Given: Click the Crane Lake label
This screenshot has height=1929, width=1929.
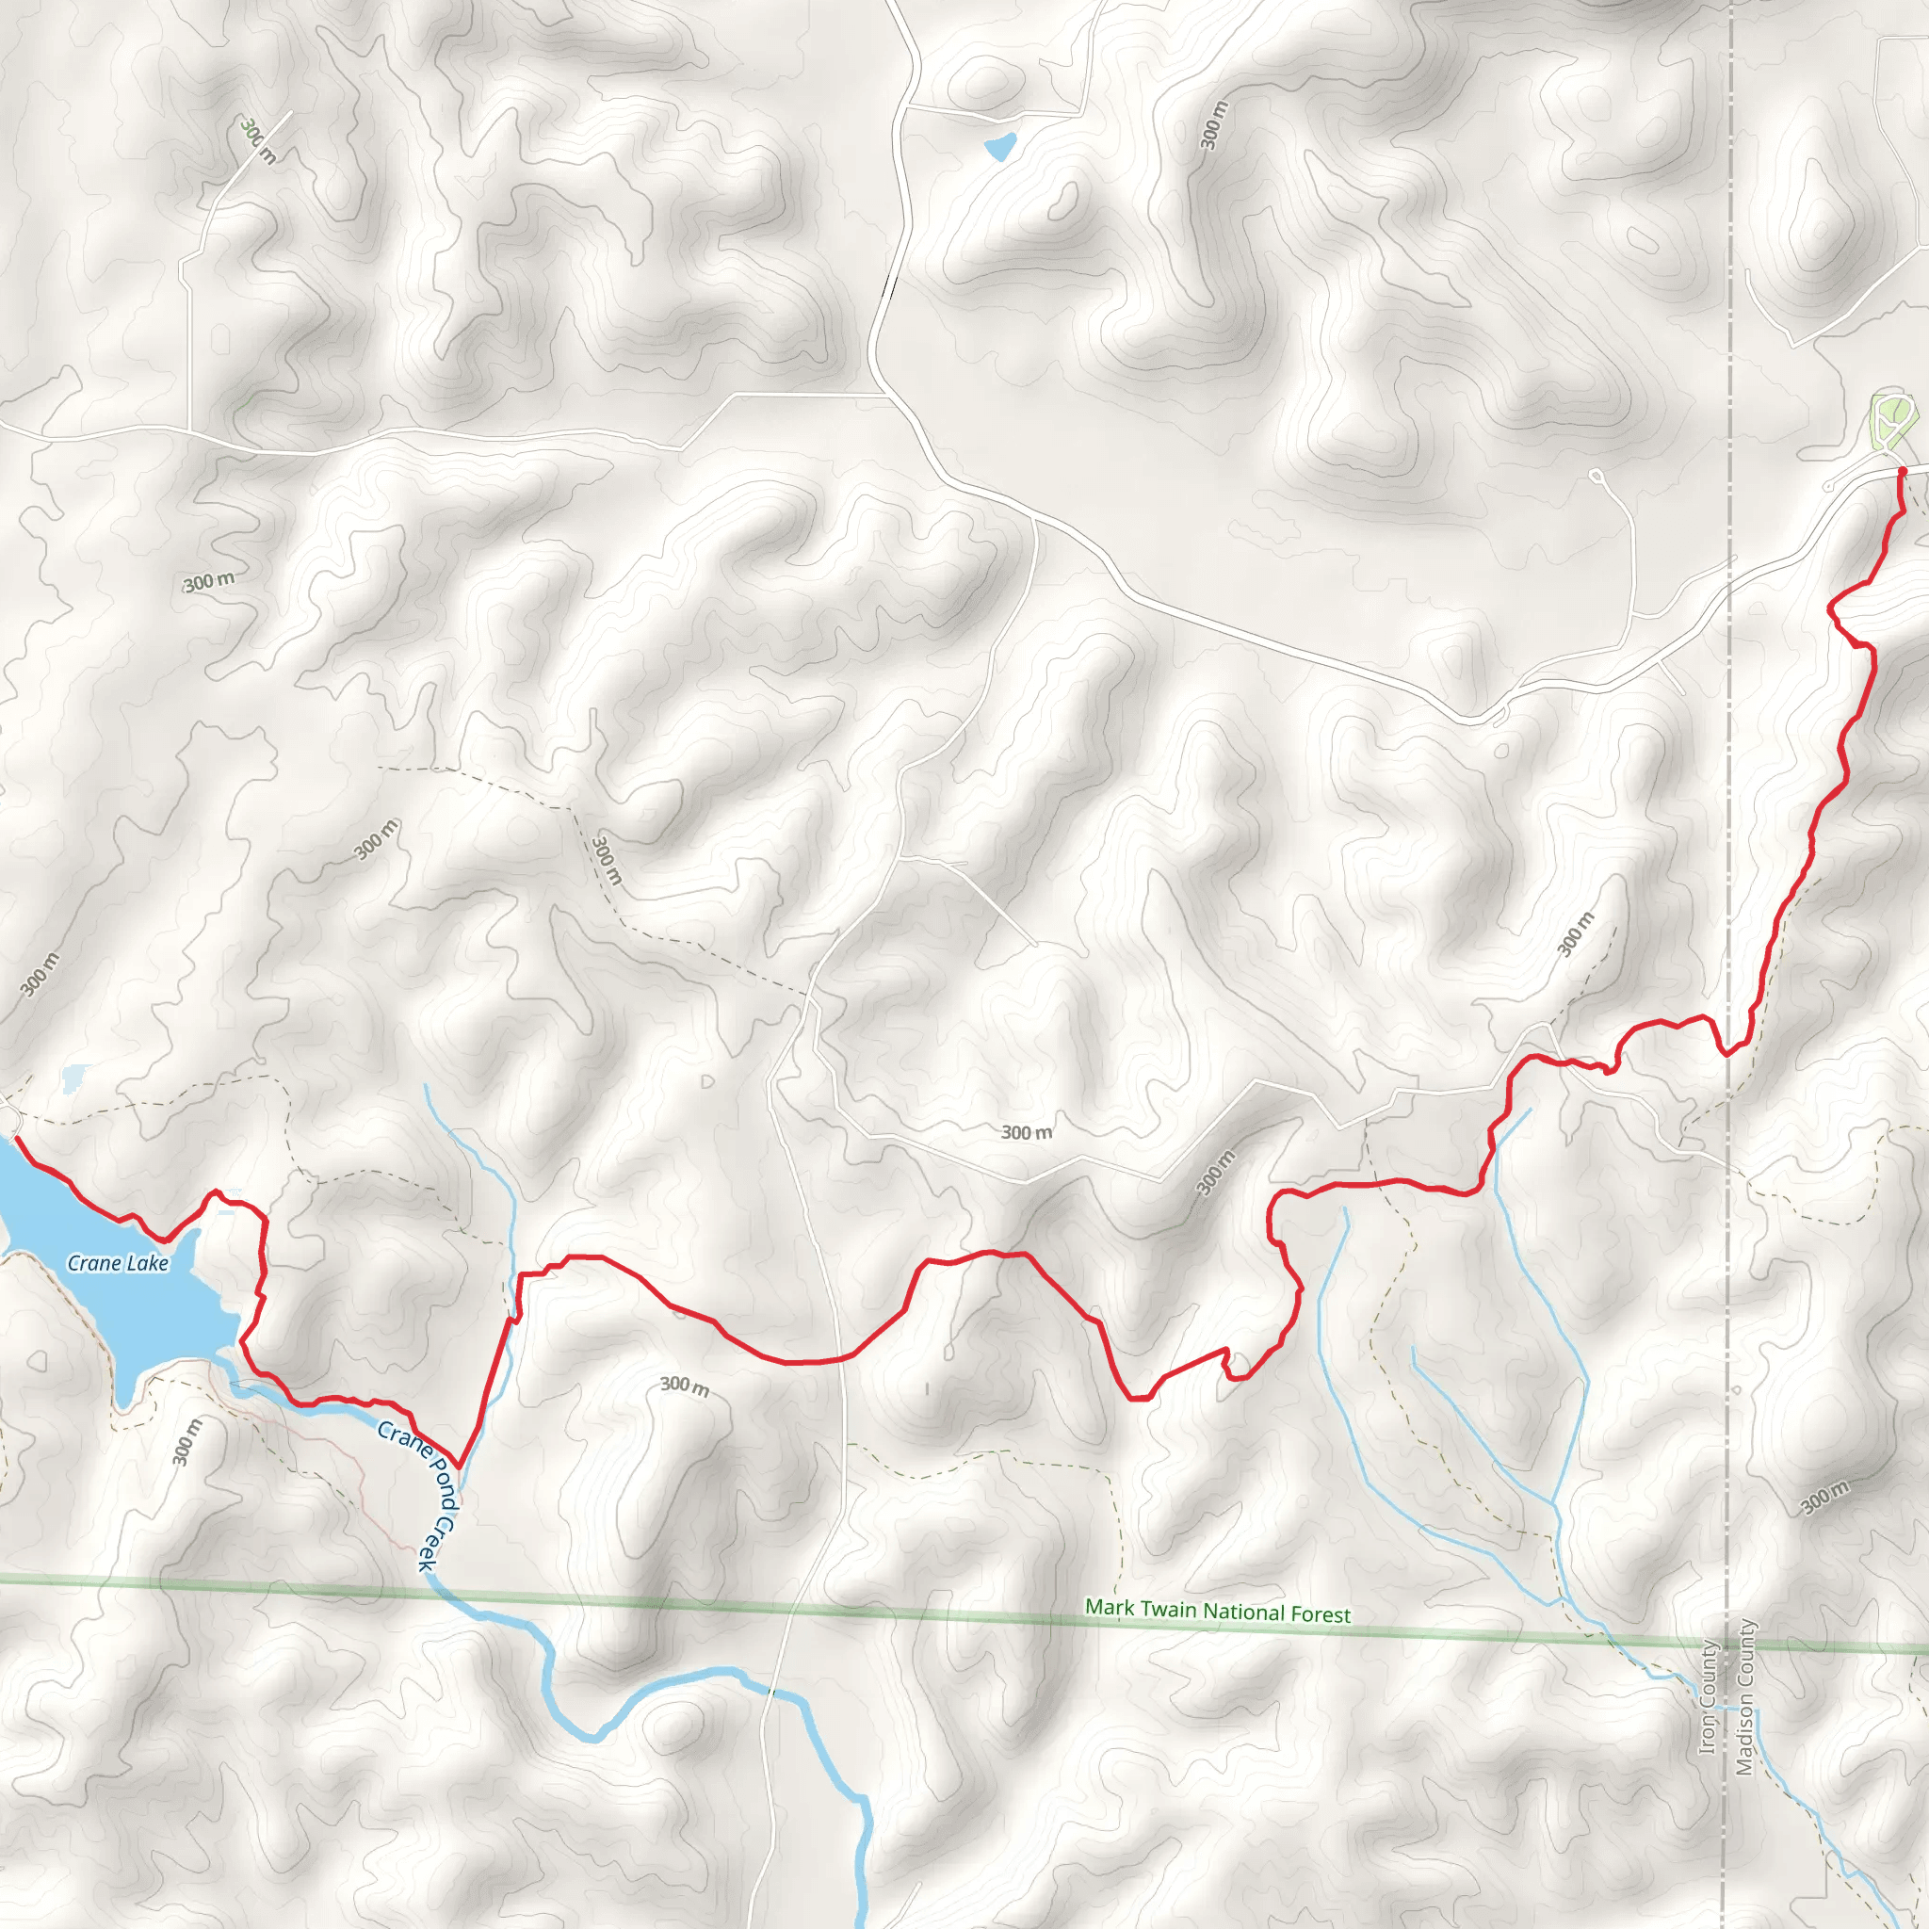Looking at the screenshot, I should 118,1263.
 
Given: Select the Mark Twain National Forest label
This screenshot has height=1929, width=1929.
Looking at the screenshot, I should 1217,1612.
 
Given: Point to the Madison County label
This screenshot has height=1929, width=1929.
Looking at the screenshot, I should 1744,1697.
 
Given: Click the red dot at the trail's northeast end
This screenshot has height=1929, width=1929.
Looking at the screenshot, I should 1902,471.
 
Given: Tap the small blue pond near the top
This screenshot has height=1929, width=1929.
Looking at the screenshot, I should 999,147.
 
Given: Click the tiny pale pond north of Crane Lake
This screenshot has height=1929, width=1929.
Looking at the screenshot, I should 73,1078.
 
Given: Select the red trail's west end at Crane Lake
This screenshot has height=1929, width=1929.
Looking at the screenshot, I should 16,1137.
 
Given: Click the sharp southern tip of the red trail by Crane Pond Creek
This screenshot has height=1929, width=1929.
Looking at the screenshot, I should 459,1466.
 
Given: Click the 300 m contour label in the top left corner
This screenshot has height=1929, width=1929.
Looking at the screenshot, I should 257,140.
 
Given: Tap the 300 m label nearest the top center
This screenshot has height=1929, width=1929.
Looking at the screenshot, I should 1214,126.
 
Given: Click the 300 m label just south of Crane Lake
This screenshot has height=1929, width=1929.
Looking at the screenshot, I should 186,1441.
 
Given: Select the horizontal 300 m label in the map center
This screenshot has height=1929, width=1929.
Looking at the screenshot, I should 1027,1132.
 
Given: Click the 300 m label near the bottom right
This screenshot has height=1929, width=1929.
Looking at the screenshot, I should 1825,1498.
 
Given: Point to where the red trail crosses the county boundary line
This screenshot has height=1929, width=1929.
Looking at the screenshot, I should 1729,1051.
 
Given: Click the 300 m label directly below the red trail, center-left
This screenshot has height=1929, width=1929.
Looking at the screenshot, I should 685,1385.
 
